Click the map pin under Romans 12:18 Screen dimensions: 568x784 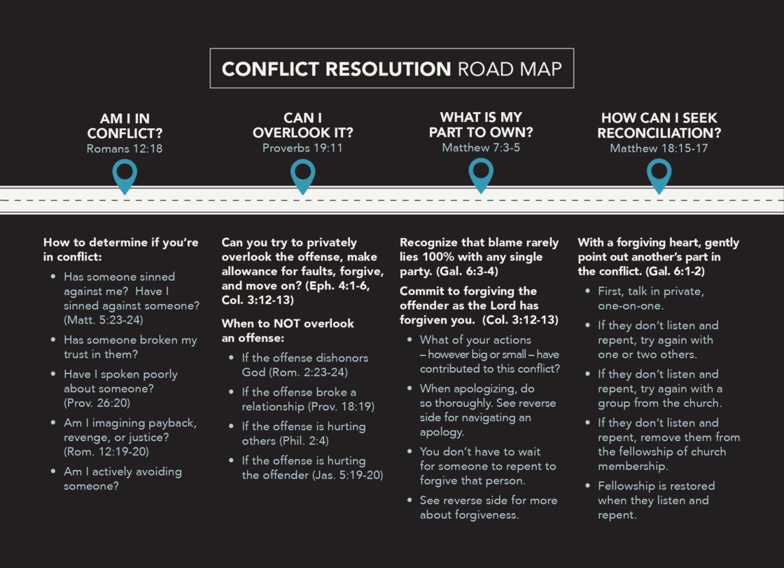(x=125, y=175)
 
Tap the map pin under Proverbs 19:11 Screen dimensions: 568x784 (x=302, y=175)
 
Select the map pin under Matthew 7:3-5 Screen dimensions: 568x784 (x=481, y=175)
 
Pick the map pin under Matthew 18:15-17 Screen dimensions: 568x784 (x=659, y=175)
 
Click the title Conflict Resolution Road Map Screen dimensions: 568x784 (x=391, y=69)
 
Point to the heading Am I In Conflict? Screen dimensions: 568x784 (x=125, y=125)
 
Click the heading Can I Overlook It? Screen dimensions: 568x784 (x=302, y=125)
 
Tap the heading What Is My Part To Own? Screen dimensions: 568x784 (x=481, y=125)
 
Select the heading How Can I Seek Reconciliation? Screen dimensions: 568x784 (x=659, y=125)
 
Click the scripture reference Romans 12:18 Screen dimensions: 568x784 (x=125, y=148)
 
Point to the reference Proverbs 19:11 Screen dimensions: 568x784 (x=302, y=148)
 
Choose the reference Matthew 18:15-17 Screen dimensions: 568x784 (x=659, y=148)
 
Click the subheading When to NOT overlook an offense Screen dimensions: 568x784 (x=288, y=330)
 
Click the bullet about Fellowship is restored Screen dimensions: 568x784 (x=656, y=500)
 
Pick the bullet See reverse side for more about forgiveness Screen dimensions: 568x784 (x=488, y=507)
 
